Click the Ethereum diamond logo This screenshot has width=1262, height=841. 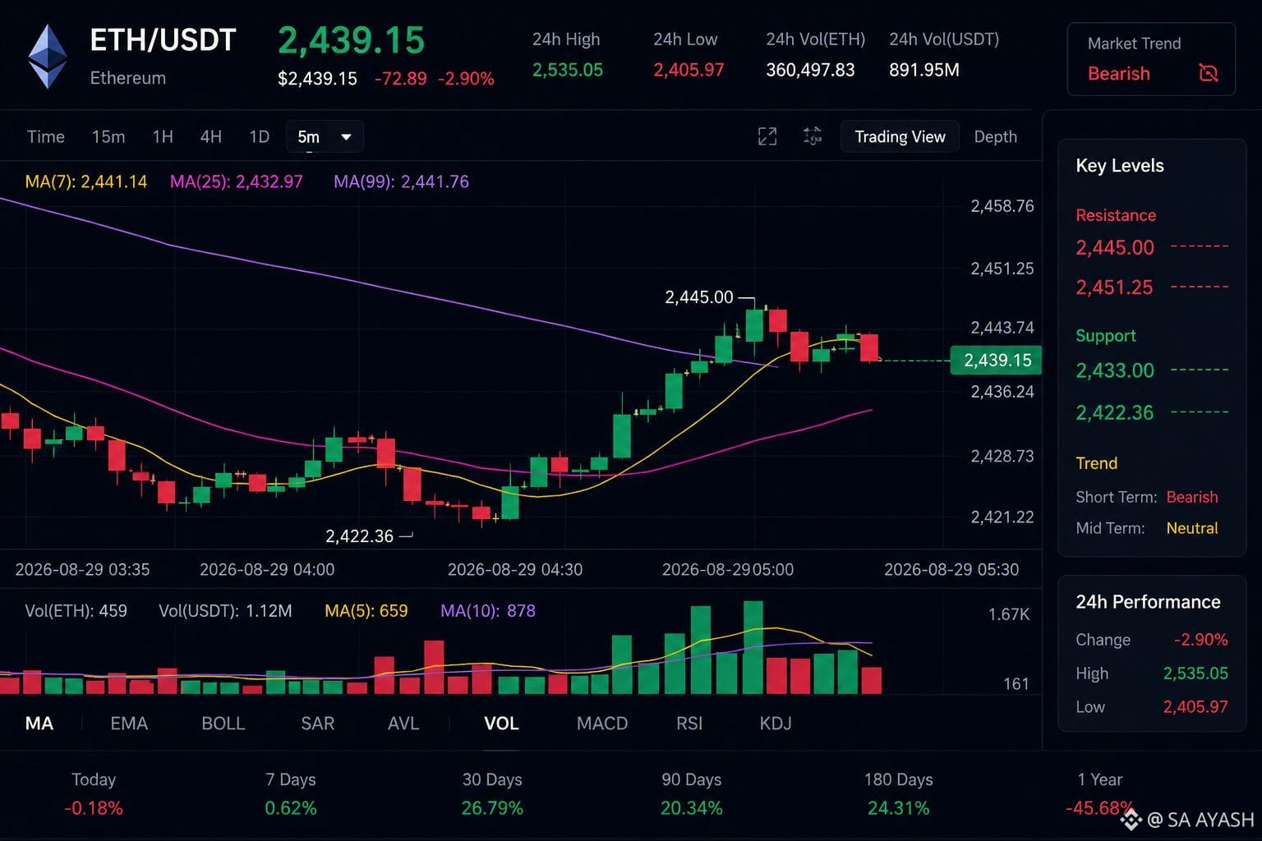pyautogui.click(x=48, y=57)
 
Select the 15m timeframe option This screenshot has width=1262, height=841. pyautogui.click(x=108, y=137)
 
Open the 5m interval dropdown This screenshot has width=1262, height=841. pyautogui.click(x=325, y=137)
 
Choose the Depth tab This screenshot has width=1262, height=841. pyautogui.click(x=996, y=137)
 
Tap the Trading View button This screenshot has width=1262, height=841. pyautogui.click(x=900, y=137)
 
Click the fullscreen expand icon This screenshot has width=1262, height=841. pyautogui.click(x=767, y=136)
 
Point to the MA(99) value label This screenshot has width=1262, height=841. pyautogui.click(x=401, y=182)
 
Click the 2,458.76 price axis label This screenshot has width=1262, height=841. pyautogui.click(x=1002, y=206)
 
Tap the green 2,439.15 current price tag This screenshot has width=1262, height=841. pyautogui.click(x=996, y=360)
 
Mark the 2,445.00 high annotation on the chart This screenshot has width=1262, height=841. pyautogui.click(x=699, y=296)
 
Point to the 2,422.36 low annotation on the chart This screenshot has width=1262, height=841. pyautogui.click(x=359, y=535)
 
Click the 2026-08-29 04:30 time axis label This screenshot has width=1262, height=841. pyautogui.click(x=515, y=569)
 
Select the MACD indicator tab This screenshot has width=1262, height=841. pyautogui.click(x=602, y=724)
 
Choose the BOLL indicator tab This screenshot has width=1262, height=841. pyautogui.click(x=223, y=724)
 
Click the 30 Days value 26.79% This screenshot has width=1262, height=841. pyautogui.click(x=492, y=808)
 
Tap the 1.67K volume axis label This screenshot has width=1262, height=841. pyautogui.click(x=1009, y=614)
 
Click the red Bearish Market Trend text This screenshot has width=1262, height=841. pyautogui.click(x=1119, y=74)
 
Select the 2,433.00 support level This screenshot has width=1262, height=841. pyautogui.click(x=1115, y=370)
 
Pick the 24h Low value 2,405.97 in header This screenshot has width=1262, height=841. pyautogui.click(x=689, y=70)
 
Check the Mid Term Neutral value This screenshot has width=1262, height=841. pyautogui.click(x=1192, y=528)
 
